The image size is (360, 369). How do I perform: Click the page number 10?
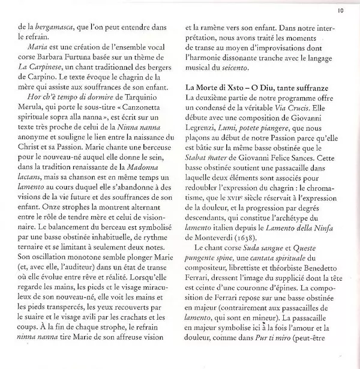click(x=340, y=9)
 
